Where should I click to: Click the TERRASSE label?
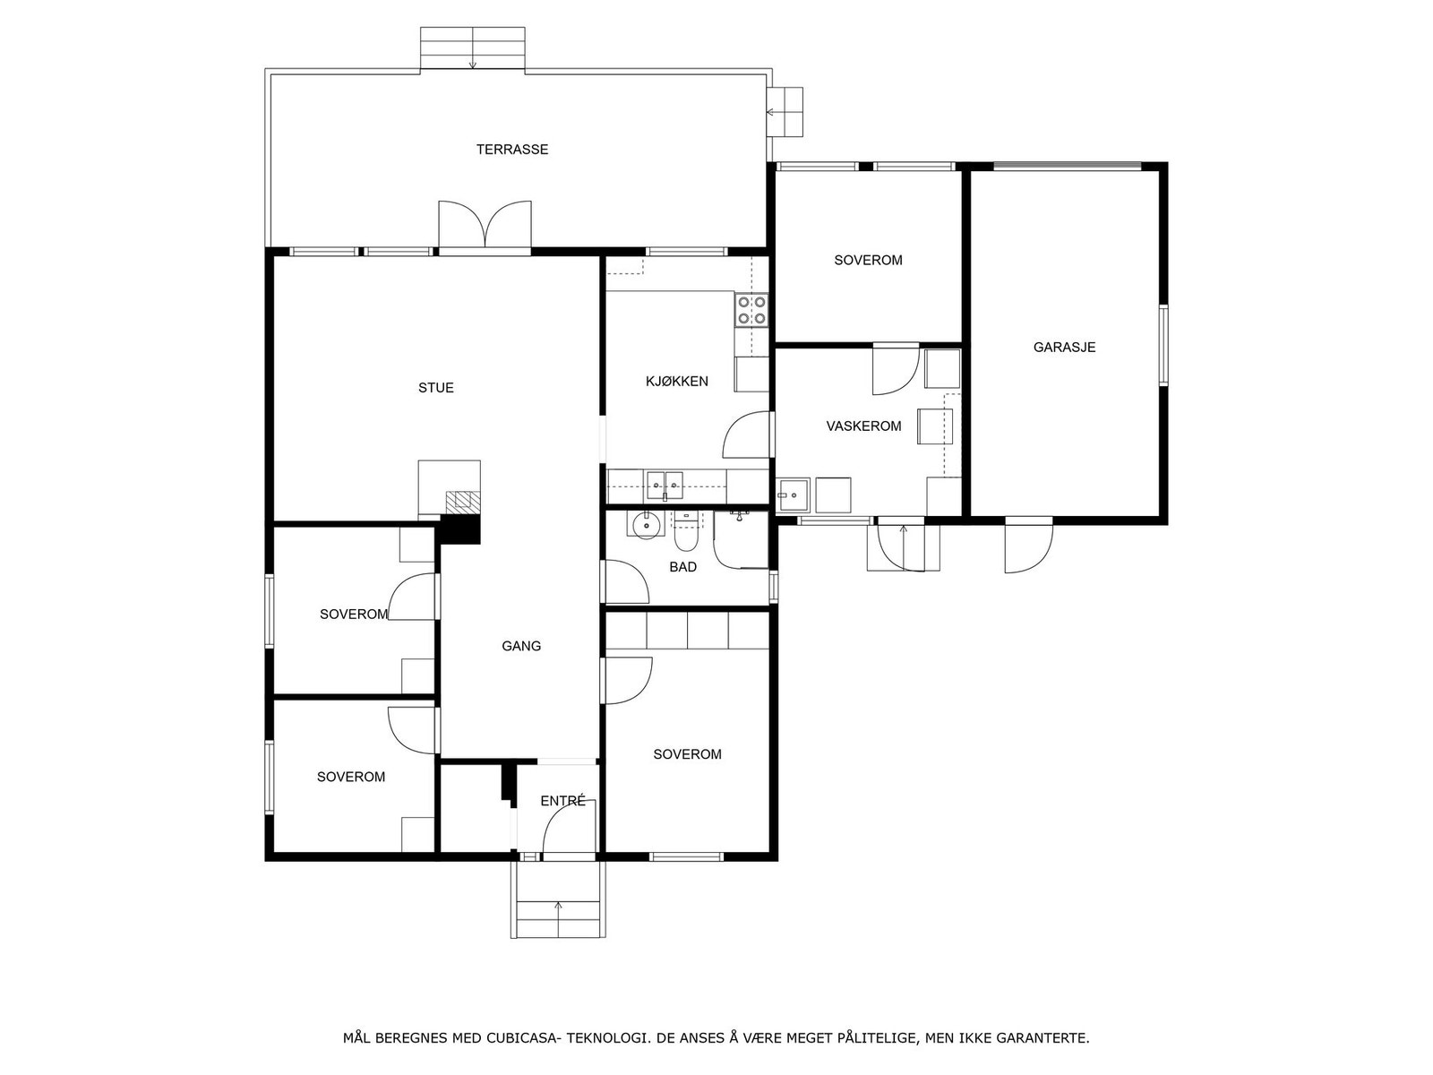point(511,150)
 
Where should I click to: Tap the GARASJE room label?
point(1064,348)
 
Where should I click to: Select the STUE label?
point(436,388)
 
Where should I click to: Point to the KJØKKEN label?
point(676,382)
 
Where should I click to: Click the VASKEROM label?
point(863,426)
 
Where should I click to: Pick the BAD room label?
point(682,567)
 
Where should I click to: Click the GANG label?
point(521,646)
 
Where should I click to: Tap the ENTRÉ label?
point(562,801)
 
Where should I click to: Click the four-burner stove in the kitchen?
point(751,310)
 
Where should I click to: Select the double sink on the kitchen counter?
point(665,485)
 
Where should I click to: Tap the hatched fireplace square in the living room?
point(463,502)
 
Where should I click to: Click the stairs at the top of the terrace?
point(473,47)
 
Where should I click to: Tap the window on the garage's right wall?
point(1163,345)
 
